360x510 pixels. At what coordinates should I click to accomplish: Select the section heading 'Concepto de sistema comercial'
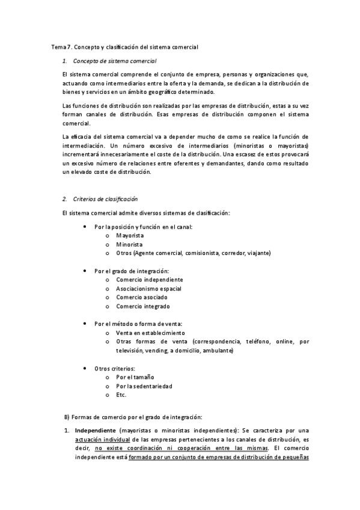114,61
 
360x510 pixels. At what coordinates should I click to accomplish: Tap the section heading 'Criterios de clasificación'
105,198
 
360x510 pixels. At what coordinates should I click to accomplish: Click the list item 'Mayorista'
130,236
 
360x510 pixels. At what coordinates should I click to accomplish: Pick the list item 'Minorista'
129,244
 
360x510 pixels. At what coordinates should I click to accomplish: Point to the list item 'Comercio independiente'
150,280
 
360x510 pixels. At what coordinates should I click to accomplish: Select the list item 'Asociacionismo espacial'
148,289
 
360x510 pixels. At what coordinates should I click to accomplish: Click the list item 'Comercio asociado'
142,297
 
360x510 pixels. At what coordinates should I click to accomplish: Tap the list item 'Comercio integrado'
143,306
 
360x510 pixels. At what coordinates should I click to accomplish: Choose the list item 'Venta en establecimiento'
150,333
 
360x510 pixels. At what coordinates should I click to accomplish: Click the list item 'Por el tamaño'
135,377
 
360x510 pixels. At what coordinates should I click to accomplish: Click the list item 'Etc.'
121,395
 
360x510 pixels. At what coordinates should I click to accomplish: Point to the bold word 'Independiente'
95,431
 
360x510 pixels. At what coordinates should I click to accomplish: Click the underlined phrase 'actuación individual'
100,440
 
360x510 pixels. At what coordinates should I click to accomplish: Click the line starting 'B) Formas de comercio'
133,417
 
